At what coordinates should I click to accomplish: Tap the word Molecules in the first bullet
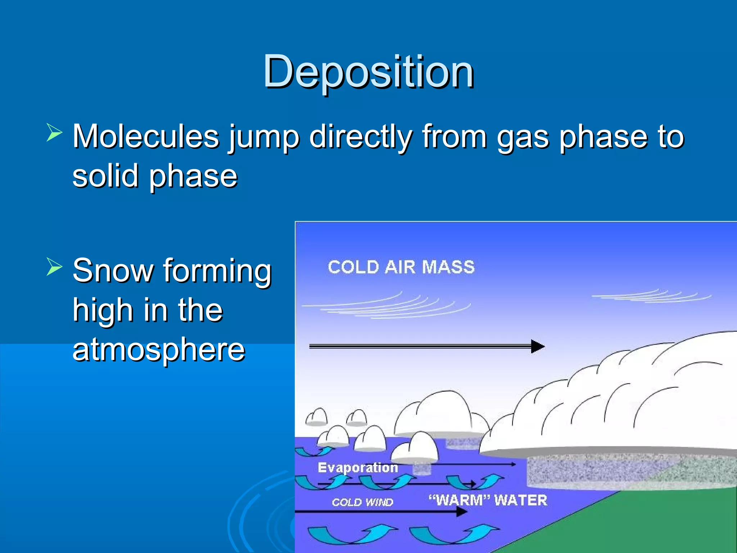146,137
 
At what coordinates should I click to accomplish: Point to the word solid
105,176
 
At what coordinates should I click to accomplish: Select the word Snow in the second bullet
113,271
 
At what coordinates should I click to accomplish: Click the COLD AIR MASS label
401,267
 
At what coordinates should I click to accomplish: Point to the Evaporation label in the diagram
358,468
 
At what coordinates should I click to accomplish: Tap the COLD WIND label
362,502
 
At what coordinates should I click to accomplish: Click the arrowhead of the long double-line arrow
538,346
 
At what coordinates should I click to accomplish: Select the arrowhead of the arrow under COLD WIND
461,512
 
